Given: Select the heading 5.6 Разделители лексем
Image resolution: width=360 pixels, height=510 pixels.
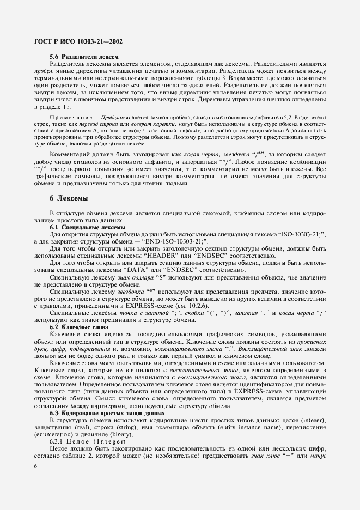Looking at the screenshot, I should click(x=83, y=57).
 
